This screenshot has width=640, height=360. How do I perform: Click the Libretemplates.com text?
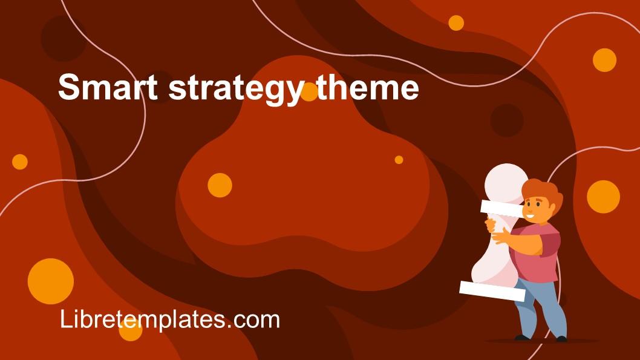coord(170,319)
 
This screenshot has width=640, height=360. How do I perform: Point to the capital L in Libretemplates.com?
coord(65,319)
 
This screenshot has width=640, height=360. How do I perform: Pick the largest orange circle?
coord(51,281)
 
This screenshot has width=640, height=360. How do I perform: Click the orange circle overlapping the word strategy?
coord(309,92)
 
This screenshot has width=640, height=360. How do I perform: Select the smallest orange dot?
coord(399,160)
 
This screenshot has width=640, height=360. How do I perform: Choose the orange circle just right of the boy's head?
coord(603,197)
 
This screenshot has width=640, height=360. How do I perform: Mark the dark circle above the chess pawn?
coord(506,120)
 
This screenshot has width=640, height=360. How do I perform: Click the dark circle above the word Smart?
coord(64,38)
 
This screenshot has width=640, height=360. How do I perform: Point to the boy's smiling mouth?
coord(531,216)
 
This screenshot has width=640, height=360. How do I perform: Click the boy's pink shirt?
coord(541,254)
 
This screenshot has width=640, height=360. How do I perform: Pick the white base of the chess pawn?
coord(492,290)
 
